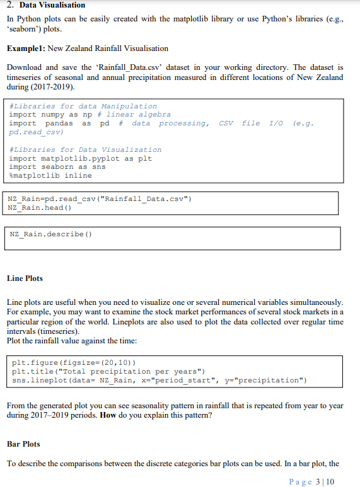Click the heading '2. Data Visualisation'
coord(46,5)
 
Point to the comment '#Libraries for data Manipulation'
coord(83,106)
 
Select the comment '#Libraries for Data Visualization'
coord(86,149)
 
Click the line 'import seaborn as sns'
coord(57,167)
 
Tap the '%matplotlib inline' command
coord(50,176)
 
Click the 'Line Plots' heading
coord(25,278)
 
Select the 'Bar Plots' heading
coord(23,444)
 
